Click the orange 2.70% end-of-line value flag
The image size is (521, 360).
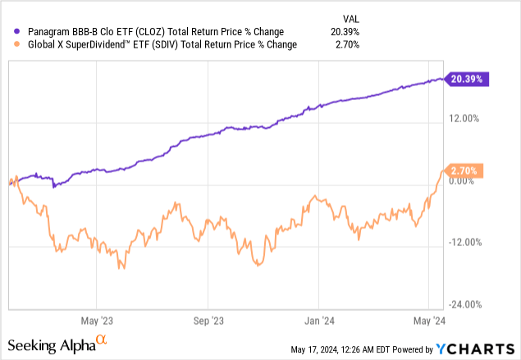pyautogui.click(x=466, y=171)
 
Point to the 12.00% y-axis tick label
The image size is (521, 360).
pyautogui.click(x=464, y=119)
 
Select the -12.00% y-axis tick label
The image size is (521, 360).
pyautogui.click(x=464, y=243)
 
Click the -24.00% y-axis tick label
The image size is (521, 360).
pyautogui.click(x=464, y=304)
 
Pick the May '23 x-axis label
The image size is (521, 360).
pyautogui.click(x=98, y=320)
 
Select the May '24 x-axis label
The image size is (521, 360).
pyautogui.click(x=429, y=320)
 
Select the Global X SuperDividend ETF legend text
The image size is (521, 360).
pyautogui.click(x=161, y=44)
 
